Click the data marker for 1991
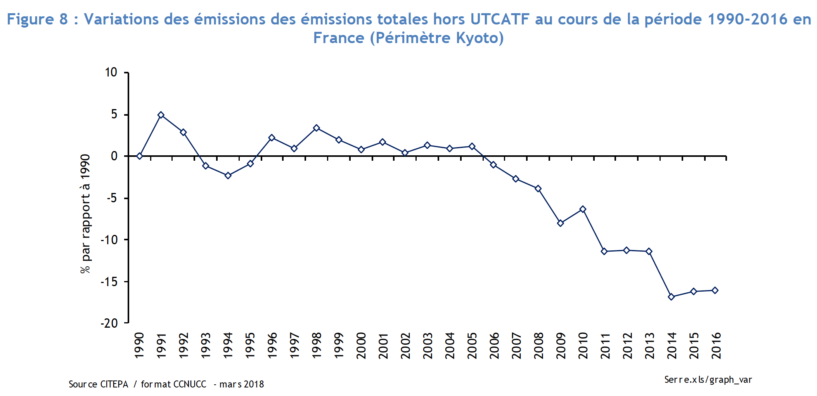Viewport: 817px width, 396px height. pos(161,115)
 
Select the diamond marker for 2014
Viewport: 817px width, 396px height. pos(671,297)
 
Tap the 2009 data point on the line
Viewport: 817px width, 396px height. pos(560,223)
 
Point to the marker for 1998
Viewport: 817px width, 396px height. pos(317,128)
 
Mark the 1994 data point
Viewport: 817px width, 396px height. pos(228,175)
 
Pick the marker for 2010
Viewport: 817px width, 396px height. pos(583,209)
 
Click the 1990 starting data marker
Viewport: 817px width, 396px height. pos(140,156)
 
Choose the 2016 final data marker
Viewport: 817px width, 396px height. pos(715,290)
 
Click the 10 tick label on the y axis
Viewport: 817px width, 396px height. pos(111,72)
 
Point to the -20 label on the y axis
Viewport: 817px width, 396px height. pos(109,323)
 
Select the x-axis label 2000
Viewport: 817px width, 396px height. pos(361,346)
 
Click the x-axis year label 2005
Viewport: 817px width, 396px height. pos(472,346)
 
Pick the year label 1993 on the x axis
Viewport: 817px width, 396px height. pos(206,346)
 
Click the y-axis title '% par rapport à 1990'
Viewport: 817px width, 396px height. pos(85,214)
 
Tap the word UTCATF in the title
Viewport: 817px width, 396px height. pos(500,19)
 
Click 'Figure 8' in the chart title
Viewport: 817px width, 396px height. pos(37,19)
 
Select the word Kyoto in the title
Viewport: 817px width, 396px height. pos(479,38)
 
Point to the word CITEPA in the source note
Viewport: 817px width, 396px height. pos(114,384)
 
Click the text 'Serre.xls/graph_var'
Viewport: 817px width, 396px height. pos(708,380)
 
